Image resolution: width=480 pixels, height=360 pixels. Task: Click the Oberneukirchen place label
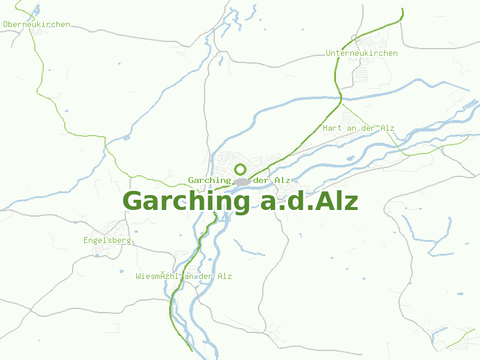coord(37,25)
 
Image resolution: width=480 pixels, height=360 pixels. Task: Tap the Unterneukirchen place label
coord(361,53)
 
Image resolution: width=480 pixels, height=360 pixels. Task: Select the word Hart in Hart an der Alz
coord(332,128)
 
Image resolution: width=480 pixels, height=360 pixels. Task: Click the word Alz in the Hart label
coord(387,128)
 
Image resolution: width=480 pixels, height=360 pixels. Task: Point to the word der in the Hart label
coord(369,128)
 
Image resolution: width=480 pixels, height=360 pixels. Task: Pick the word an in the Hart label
coord(352,128)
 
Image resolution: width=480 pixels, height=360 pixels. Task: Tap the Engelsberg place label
coord(107,241)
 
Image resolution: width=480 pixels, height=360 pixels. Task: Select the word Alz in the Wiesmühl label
coord(224,277)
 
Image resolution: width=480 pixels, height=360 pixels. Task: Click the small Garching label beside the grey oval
coord(209,181)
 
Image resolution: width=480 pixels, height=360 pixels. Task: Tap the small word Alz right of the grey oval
coord(282,181)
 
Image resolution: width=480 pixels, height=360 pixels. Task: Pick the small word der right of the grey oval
coord(262,181)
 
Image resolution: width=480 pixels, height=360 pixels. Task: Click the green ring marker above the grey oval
coord(241,169)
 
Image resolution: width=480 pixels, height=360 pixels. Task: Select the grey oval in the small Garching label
coord(242,181)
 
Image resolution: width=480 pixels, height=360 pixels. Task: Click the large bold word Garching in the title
coord(186,202)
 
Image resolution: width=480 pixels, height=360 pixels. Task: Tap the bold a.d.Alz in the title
coord(309,202)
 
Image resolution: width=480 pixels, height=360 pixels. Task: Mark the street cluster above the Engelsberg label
coord(114,228)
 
